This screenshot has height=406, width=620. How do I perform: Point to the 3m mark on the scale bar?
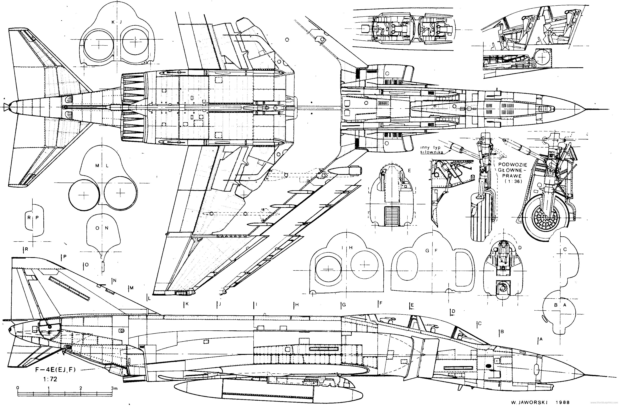coord(114,388)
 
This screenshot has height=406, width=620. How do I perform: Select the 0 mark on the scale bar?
coord(17,388)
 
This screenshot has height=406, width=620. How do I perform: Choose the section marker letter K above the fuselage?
coord(187,304)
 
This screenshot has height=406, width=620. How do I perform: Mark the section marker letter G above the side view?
coord(344,305)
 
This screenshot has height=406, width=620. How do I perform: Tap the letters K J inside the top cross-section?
coord(116,22)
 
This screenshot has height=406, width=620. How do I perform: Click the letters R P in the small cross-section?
coord(33,218)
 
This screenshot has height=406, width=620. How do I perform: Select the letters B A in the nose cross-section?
coord(560,305)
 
